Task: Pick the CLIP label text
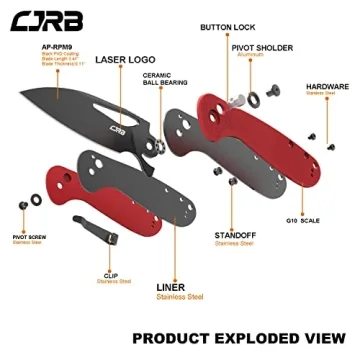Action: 109,273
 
